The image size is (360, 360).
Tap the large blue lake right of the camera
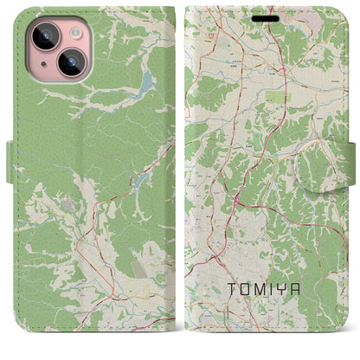point(145,83)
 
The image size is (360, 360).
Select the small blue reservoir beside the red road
point(139,181)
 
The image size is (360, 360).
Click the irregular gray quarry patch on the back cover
point(67,204)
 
